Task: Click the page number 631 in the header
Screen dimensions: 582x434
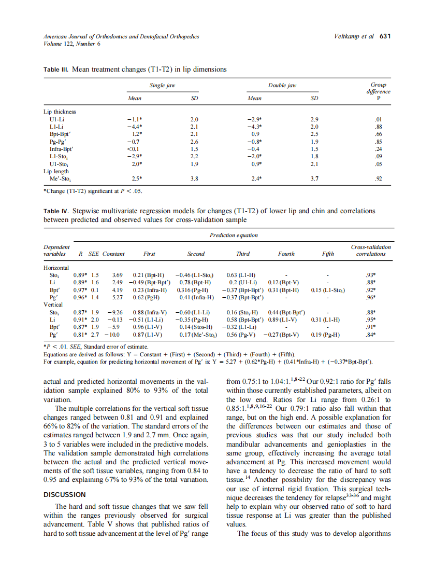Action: pyautogui.click(x=385, y=36)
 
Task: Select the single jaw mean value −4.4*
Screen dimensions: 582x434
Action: pyautogui.click(x=135, y=126)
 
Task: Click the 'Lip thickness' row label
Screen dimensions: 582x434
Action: pyautogui.click(x=60, y=111)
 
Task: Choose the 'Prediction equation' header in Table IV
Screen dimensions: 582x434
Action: pyautogui.click(x=233, y=235)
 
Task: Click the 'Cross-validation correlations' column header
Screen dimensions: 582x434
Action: pyautogui.click(x=371, y=250)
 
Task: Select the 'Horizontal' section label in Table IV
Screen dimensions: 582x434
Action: pyautogui.click(x=56, y=267)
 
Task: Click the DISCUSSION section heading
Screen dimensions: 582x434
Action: pyautogui.click(x=65, y=494)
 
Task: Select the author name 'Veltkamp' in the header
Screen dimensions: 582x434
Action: pyautogui.click(x=348, y=36)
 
